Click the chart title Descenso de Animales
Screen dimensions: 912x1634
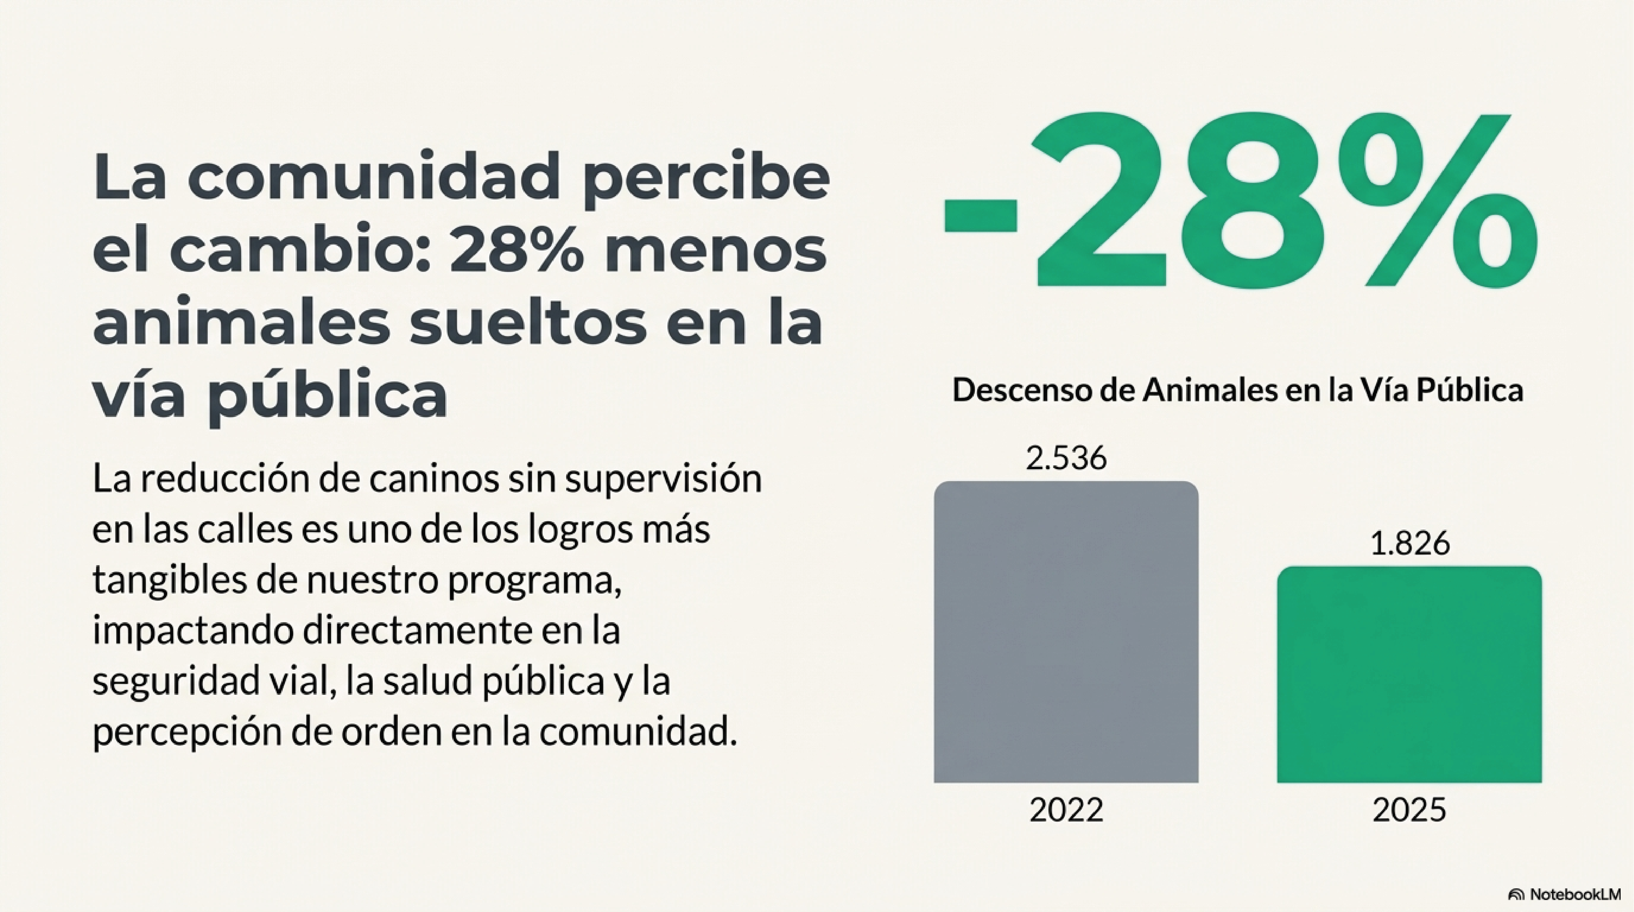(x=1237, y=390)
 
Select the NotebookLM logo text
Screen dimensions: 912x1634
(x=1573, y=894)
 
